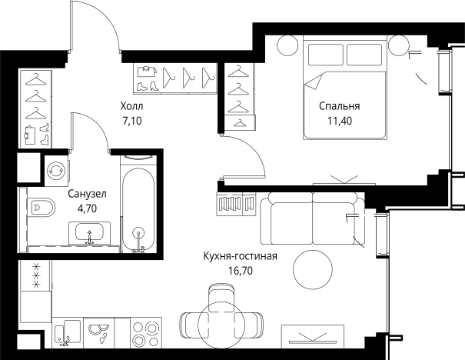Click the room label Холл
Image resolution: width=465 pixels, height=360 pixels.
coord(131,106)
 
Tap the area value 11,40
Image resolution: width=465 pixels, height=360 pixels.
coord(340,121)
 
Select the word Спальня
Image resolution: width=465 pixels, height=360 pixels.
coord(340,106)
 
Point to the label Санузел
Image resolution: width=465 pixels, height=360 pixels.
coord(87,194)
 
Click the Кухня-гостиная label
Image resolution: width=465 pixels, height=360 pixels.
coord(241,256)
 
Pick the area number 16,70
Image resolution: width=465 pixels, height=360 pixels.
coord(241,271)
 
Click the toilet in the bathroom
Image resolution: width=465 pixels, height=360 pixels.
coord(42,207)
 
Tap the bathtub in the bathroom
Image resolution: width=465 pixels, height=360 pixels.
coord(138,209)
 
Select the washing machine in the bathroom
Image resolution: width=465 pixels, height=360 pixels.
coord(56,170)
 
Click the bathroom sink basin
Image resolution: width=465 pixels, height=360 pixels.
coord(89,232)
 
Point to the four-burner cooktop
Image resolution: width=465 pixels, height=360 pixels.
coord(146,332)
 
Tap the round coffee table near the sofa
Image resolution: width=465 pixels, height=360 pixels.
coord(313,269)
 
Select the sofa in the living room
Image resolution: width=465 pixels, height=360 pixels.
coord(313,219)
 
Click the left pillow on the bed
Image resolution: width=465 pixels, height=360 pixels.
coord(326,55)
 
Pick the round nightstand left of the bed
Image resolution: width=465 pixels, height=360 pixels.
coord(287,45)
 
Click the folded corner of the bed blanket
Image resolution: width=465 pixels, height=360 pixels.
coord(313,82)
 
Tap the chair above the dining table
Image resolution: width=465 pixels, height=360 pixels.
coord(221,298)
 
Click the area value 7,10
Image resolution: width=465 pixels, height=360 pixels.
coord(131,121)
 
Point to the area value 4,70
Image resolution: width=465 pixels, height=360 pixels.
coord(87,208)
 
